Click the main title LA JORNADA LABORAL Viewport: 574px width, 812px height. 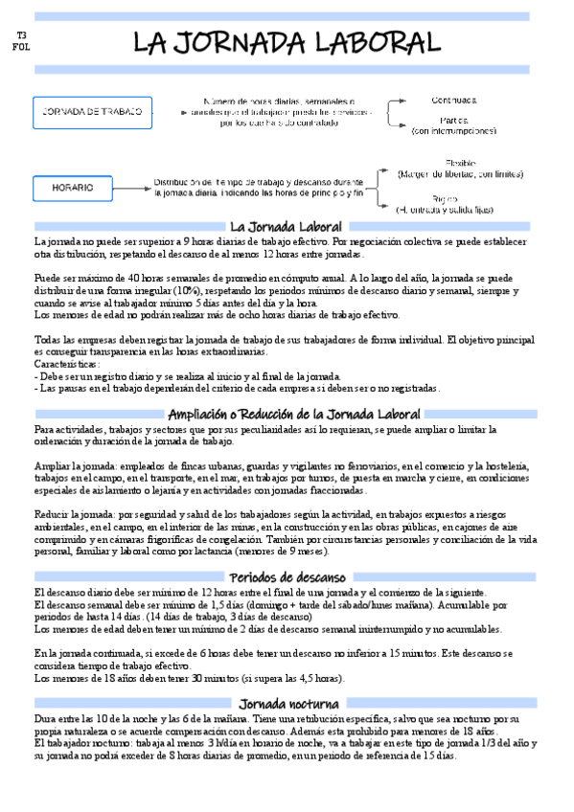point(287,42)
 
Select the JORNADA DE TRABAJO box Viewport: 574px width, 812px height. point(88,112)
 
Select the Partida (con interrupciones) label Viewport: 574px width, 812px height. point(454,125)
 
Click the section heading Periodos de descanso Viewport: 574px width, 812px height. point(287,577)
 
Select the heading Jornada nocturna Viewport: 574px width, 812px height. point(287,705)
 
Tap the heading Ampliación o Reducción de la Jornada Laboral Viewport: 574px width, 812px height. point(293,414)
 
